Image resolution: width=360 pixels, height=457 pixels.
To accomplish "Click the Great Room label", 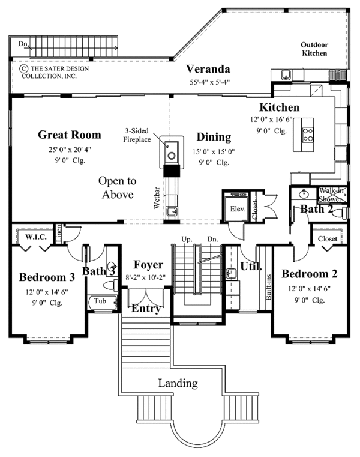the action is (70, 135).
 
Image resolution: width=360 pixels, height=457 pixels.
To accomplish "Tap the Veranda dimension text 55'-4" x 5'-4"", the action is (210, 82).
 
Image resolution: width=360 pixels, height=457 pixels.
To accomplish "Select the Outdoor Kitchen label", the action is (314, 49).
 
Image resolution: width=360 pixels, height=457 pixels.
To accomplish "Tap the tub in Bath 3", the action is (102, 303).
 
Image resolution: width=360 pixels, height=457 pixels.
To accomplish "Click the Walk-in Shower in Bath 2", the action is (332, 195).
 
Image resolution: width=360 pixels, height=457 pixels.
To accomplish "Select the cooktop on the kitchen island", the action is (308, 135).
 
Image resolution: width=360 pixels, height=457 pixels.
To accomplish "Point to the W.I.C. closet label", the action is (36, 237).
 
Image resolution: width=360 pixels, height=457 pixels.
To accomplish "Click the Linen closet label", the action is (59, 234).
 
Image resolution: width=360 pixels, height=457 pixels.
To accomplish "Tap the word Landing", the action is (178, 383).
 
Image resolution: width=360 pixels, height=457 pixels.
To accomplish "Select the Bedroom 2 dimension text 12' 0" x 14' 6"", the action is (310, 289).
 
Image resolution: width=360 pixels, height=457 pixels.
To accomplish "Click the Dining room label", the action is (214, 137).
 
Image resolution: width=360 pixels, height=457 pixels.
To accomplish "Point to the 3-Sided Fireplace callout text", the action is (137, 135).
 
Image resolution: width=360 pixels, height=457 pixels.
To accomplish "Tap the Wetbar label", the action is (157, 198).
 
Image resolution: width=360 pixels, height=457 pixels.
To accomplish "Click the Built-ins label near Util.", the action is (269, 288).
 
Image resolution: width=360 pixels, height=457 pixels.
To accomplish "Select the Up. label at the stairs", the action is (187, 239).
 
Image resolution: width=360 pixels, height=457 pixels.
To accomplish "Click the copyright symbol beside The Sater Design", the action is (23, 68).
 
